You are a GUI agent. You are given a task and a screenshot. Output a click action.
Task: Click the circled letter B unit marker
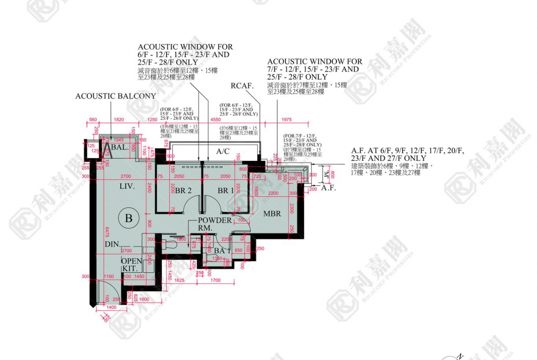click(129, 218)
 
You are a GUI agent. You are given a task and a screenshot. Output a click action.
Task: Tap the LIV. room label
click(127, 187)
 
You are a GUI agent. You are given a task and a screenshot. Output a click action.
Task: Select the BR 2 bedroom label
click(183, 191)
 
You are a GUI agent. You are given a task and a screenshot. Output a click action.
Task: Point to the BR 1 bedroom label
click(226, 191)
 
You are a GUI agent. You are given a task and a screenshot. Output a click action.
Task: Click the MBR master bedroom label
click(272, 214)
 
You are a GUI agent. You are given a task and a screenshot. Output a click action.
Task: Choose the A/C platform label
click(223, 151)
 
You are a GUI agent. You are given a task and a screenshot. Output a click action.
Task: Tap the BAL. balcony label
click(119, 148)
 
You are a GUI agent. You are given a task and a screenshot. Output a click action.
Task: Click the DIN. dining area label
click(112, 244)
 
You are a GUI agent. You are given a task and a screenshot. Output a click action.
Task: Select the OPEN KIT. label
click(131, 264)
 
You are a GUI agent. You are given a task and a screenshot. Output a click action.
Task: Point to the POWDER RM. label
click(214, 224)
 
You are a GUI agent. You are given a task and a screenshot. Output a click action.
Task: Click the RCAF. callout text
click(242, 86)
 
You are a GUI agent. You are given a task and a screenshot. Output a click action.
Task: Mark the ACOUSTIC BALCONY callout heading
click(116, 96)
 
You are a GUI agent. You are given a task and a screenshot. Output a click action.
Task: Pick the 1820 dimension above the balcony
click(118, 120)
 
